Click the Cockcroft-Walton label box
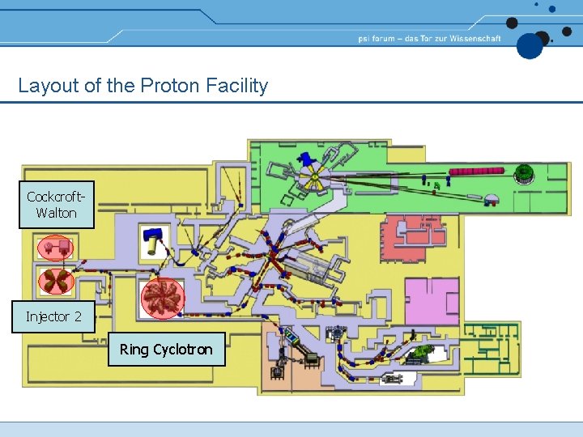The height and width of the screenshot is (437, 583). point(57,205)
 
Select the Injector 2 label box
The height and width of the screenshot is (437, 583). point(53,316)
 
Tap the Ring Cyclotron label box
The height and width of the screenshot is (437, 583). point(166,350)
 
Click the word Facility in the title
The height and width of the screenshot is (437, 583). point(239,86)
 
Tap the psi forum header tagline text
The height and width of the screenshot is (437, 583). point(429,38)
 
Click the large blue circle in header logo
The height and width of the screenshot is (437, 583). point(530,46)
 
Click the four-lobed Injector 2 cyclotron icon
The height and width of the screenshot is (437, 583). point(57,281)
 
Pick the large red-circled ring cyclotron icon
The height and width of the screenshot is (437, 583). point(162,298)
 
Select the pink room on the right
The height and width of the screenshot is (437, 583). point(431,300)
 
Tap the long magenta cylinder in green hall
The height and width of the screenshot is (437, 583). point(477,172)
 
